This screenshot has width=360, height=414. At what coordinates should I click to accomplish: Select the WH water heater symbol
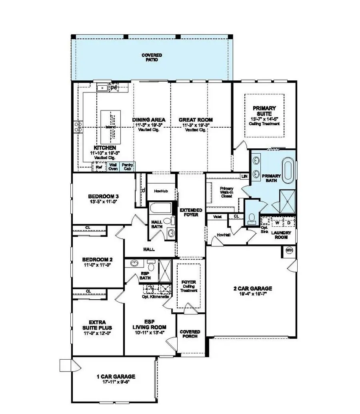[x=290, y=250]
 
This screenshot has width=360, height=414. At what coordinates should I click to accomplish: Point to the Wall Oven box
[x=113, y=166]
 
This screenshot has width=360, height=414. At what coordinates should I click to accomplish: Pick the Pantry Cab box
[x=128, y=166]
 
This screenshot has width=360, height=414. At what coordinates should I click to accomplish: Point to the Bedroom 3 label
[x=103, y=196]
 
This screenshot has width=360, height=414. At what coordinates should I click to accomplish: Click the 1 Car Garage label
[x=116, y=376]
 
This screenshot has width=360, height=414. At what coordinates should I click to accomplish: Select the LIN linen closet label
[x=244, y=176]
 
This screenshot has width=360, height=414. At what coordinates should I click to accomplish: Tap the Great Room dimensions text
[x=195, y=125]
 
